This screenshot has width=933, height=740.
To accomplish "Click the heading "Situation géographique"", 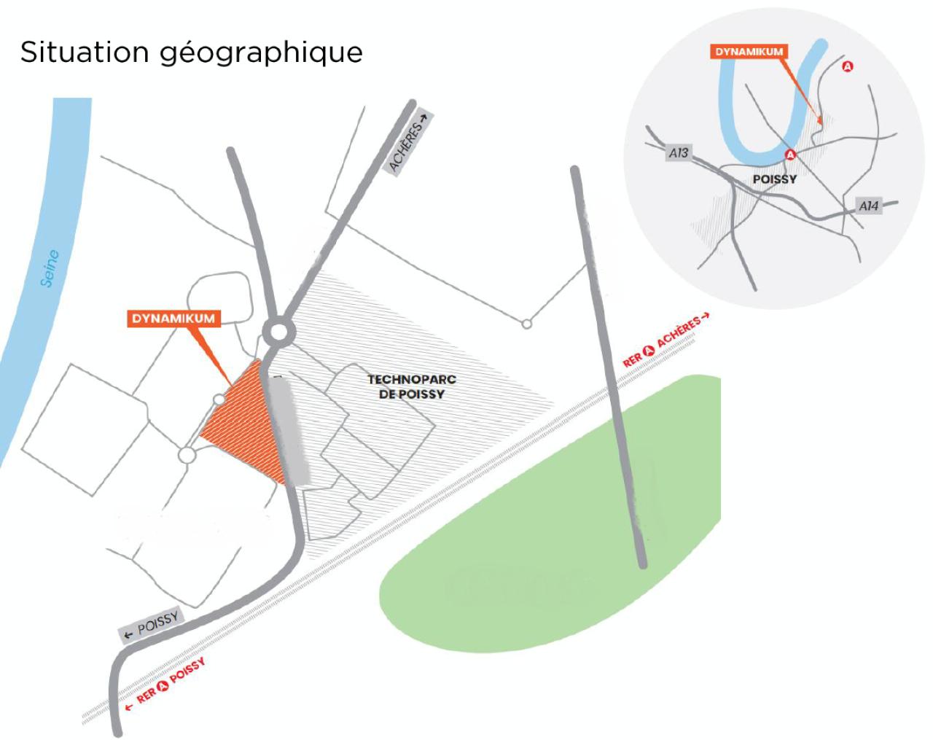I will click(191, 52).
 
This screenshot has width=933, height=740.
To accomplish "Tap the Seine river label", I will click(50, 268).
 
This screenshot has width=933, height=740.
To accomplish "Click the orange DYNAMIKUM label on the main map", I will click(173, 319).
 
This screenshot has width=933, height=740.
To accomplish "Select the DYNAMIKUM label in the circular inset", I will click(749, 52).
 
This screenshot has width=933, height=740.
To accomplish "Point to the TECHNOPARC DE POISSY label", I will click(411, 386).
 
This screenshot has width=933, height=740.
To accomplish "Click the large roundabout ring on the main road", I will click(278, 333).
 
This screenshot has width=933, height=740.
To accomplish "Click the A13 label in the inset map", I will click(679, 153).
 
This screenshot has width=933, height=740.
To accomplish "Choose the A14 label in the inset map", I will click(868, 206).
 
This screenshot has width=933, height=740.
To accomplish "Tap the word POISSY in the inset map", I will click(774, 179).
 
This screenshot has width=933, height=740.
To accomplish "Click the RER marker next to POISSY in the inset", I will click(790, 155).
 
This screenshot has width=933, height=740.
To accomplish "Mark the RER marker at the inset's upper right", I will click(847, 66).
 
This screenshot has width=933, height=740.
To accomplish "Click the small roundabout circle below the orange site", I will click(187, 455).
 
